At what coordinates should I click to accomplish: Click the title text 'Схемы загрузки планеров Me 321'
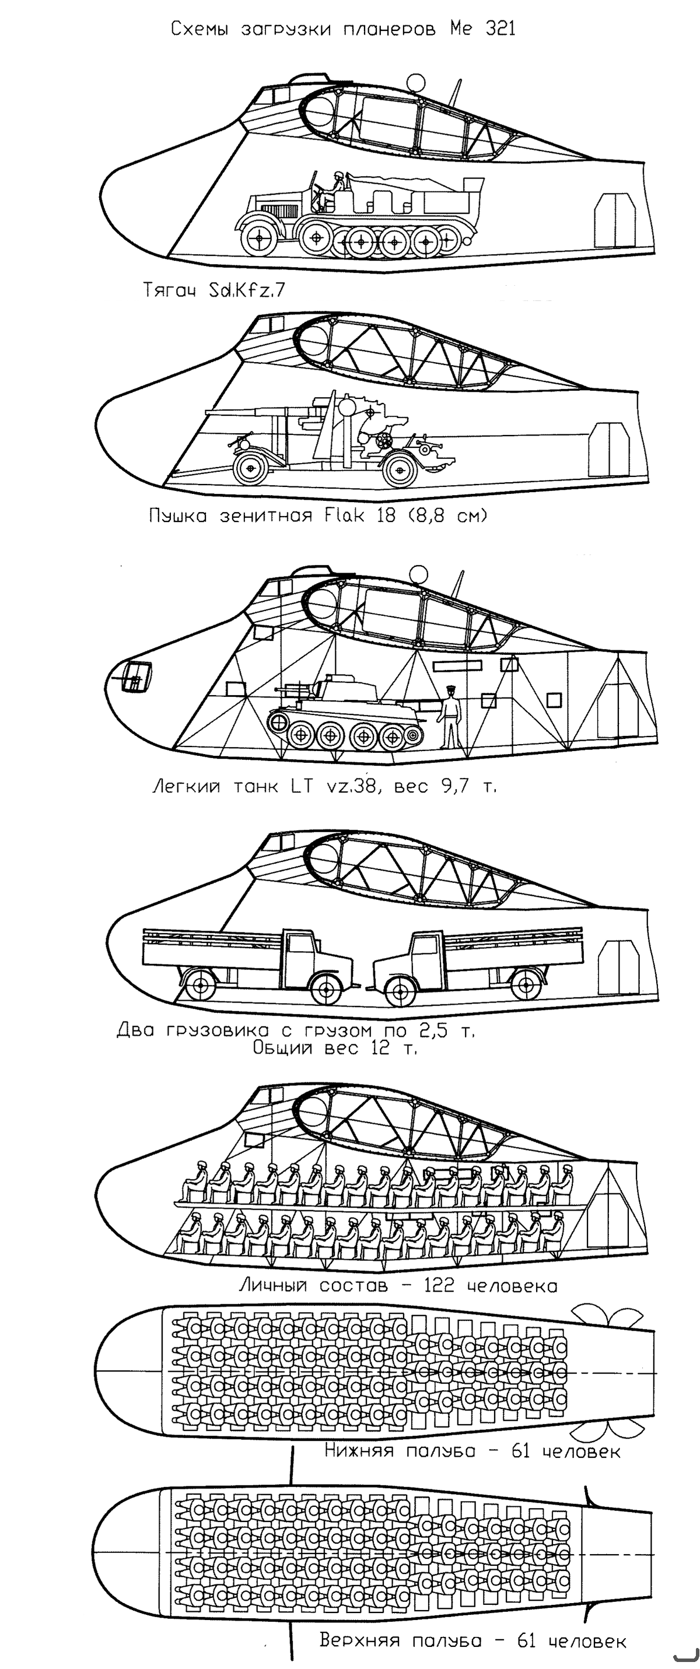(343, 29)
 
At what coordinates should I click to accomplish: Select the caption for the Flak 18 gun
(317, 516)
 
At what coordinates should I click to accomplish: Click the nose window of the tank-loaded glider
(136, 678)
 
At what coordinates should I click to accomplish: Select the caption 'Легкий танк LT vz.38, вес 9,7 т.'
(324, 787)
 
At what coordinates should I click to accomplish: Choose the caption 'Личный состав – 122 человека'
(398, 1285)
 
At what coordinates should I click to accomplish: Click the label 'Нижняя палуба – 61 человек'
(473, 1451)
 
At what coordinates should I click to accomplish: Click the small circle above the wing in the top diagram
(415, 82)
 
